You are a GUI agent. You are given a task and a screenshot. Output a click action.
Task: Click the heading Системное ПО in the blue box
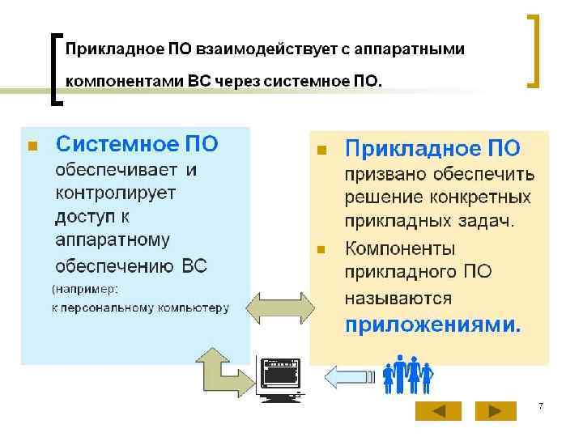coord(137,145)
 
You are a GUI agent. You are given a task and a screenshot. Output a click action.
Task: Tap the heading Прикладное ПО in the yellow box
coord(432,148)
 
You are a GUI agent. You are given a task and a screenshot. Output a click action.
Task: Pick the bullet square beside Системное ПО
coord(32,146)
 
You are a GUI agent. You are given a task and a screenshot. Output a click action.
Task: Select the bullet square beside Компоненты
coord(321,249)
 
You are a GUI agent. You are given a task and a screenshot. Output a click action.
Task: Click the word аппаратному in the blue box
coord(113,240)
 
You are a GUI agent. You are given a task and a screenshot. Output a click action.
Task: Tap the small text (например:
coord(85,288)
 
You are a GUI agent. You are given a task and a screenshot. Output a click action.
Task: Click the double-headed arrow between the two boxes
coord(280,308)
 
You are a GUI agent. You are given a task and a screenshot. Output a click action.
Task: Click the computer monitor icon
coord(278,378)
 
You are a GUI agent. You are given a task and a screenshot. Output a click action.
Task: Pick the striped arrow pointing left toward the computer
coord(348,375)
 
